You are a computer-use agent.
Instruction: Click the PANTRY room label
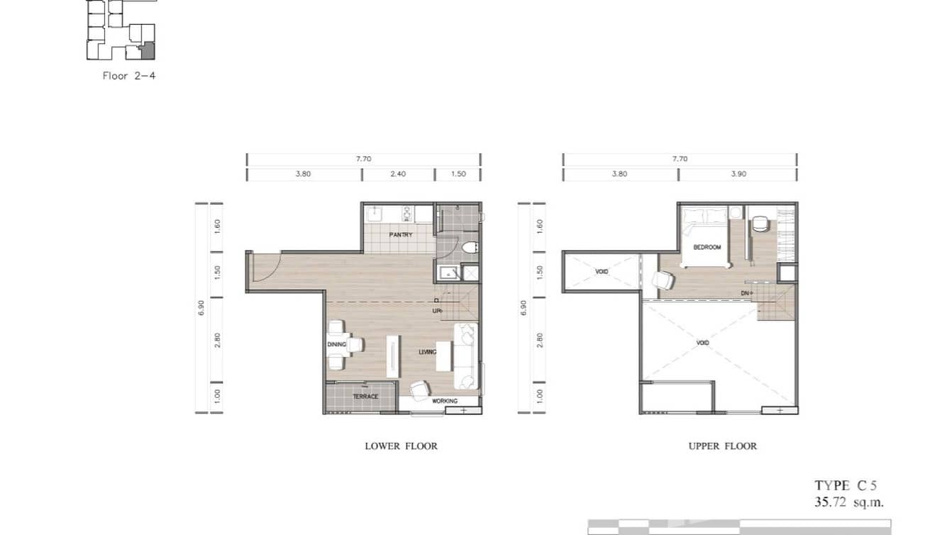click(400, 235)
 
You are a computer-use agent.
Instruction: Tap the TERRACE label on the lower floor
click(365, 397)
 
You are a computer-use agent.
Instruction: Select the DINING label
click(336, 345)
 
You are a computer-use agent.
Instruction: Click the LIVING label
click(427, 351)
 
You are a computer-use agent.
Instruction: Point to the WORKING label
click(445, 401)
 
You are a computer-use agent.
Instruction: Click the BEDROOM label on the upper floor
click(707, 247)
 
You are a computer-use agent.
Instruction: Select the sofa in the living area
click(466, 356)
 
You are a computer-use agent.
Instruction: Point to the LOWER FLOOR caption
click(401, 446)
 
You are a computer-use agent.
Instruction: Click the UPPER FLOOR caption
click(722, 446)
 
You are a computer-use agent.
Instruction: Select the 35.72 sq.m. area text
click(849, 502)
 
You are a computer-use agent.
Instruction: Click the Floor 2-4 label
click(128, 75)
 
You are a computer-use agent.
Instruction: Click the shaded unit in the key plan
click(148, 51)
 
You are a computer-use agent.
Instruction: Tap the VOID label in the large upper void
click(702, 343)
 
